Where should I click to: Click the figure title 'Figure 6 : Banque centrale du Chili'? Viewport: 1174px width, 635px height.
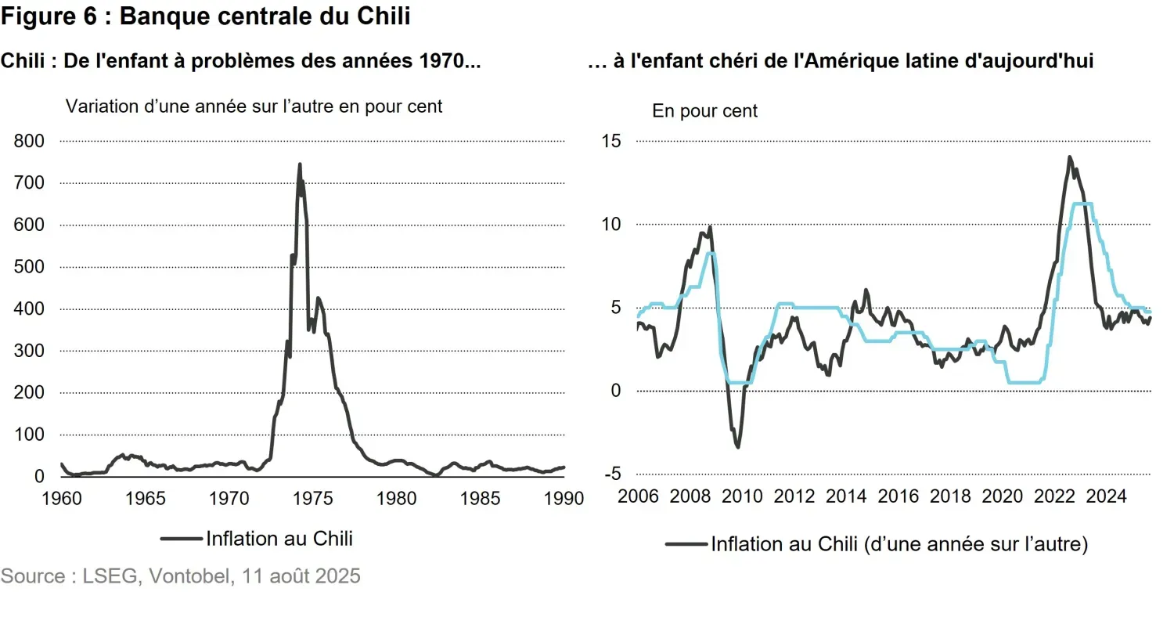click(206, 17)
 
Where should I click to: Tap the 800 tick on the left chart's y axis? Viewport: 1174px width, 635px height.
click(29, 141)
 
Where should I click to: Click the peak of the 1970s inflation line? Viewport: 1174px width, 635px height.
click(300, 164)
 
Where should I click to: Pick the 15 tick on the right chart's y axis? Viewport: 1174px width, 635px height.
click(610, 141)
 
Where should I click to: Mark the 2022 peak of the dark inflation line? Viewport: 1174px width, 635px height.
click(1069, 157)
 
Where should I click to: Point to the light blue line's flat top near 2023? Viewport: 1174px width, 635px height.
click(1083, 204)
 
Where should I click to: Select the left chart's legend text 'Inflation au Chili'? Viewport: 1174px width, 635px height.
click(279, 539)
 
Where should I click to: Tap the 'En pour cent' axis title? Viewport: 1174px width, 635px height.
click(705, 111)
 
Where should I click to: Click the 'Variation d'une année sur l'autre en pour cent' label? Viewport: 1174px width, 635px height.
click(254, 106)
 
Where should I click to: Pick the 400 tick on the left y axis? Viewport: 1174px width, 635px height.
click(29, 308)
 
